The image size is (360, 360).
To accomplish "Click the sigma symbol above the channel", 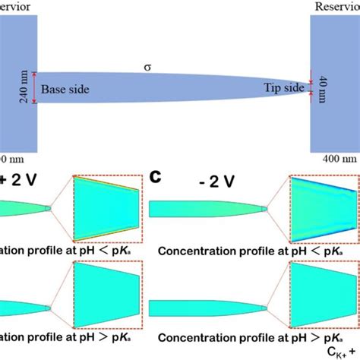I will tap(148, 68).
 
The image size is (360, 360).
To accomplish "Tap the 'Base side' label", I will tap(65, 90).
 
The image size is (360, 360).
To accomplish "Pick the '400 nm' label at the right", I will tap(335, 159).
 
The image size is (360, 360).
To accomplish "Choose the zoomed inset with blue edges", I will tap(324, 208).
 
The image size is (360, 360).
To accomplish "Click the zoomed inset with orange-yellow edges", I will tap(106, 208).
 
